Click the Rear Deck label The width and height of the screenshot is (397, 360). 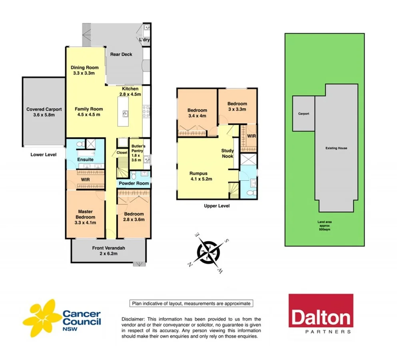pyautogui.click(x=121, y=54)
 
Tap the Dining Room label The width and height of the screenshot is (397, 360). pyautogui.click(x=84, y=70)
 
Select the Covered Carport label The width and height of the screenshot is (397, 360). pyautogui.click(x=44, y=112)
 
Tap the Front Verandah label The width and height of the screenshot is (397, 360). pyautogui.click(x=109, y=251)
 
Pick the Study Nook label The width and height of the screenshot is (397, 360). pyautogui.click(x=227, y=153)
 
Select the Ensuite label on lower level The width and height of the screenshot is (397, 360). pyautogui.click(x=85, y=160)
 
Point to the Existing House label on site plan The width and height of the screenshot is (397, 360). pyautogui.click(x=336, y=148)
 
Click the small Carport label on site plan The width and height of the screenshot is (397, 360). pyautogui.click(x=303, y=114)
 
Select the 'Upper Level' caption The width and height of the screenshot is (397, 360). pyautogui.click(x=216, y=206)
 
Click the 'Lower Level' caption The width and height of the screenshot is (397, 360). pyautogui.click(x=44, y=154)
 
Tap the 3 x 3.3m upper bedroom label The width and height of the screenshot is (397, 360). pyautogui.click(x=237, y=106)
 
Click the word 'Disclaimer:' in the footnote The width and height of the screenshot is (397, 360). pyautogui.click(x=134, y=319)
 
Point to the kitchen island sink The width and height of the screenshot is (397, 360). pyautogui.click(x=126, y=113)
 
